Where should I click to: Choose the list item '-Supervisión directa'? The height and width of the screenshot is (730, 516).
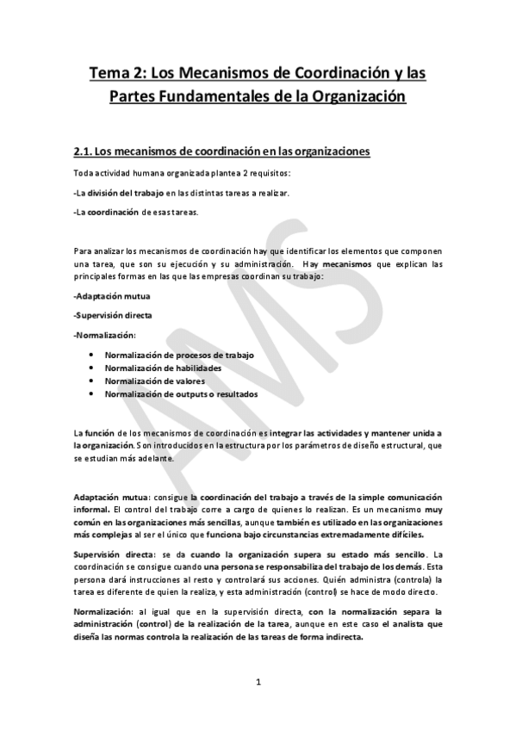tap(107, 315)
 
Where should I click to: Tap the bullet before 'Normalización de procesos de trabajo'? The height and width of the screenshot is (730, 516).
tap(90, 356)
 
